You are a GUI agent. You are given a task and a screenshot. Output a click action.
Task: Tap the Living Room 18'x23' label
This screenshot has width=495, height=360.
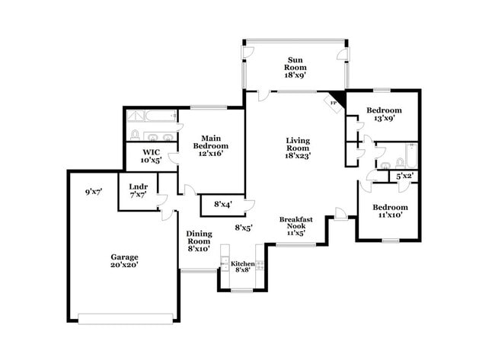click(298, 148)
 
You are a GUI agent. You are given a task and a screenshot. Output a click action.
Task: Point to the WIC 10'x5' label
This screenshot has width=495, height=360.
click(148, 157)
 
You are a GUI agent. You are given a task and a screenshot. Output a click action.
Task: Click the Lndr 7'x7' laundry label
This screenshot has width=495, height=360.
click(138, 190)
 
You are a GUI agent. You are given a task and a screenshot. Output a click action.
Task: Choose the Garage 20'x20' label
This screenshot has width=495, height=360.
click(123, 262)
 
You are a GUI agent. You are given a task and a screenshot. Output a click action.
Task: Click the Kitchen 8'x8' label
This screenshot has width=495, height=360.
click(243, 268)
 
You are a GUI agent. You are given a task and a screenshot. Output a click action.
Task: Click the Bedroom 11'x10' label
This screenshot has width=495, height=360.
click(389, 211)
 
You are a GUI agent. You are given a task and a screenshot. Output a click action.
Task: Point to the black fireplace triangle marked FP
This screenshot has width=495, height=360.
click(337, 100)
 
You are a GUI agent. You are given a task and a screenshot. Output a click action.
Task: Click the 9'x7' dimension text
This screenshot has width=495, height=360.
click(94, 193)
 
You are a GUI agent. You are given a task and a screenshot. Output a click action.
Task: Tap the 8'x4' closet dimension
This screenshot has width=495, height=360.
click(222, 204)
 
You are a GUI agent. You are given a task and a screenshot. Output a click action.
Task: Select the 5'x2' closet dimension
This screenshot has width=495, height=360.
click(404, 177)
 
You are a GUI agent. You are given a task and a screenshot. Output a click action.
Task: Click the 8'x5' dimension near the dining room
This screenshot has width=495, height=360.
click(244, 227)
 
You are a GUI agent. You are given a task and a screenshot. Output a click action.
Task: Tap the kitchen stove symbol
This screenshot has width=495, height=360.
click(260, 267)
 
